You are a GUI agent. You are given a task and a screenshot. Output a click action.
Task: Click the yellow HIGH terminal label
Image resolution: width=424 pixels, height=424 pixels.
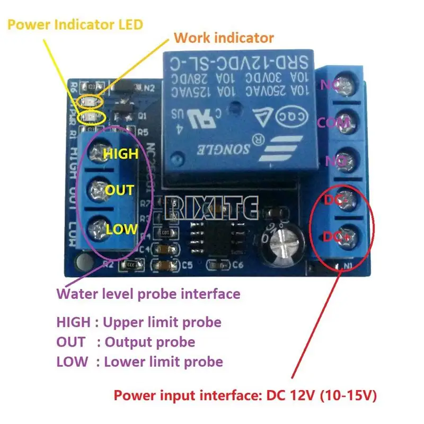[120, 154]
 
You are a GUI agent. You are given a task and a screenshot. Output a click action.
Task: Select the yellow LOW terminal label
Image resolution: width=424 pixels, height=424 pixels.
[121, 229]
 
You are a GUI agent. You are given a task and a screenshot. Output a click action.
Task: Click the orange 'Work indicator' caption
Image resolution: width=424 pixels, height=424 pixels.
[224, 38]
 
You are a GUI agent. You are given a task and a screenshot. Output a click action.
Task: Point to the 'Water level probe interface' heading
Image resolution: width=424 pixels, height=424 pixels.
[148, 293]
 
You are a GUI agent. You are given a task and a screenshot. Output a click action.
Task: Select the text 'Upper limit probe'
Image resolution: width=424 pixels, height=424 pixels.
[162, 322]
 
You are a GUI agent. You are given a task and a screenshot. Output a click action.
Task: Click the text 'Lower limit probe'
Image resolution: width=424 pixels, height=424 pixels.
[163, 362]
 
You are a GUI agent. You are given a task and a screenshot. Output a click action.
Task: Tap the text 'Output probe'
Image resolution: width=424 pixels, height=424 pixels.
[150, 342]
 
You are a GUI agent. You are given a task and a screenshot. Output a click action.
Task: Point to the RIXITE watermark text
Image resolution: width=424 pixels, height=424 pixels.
[212, 206]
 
